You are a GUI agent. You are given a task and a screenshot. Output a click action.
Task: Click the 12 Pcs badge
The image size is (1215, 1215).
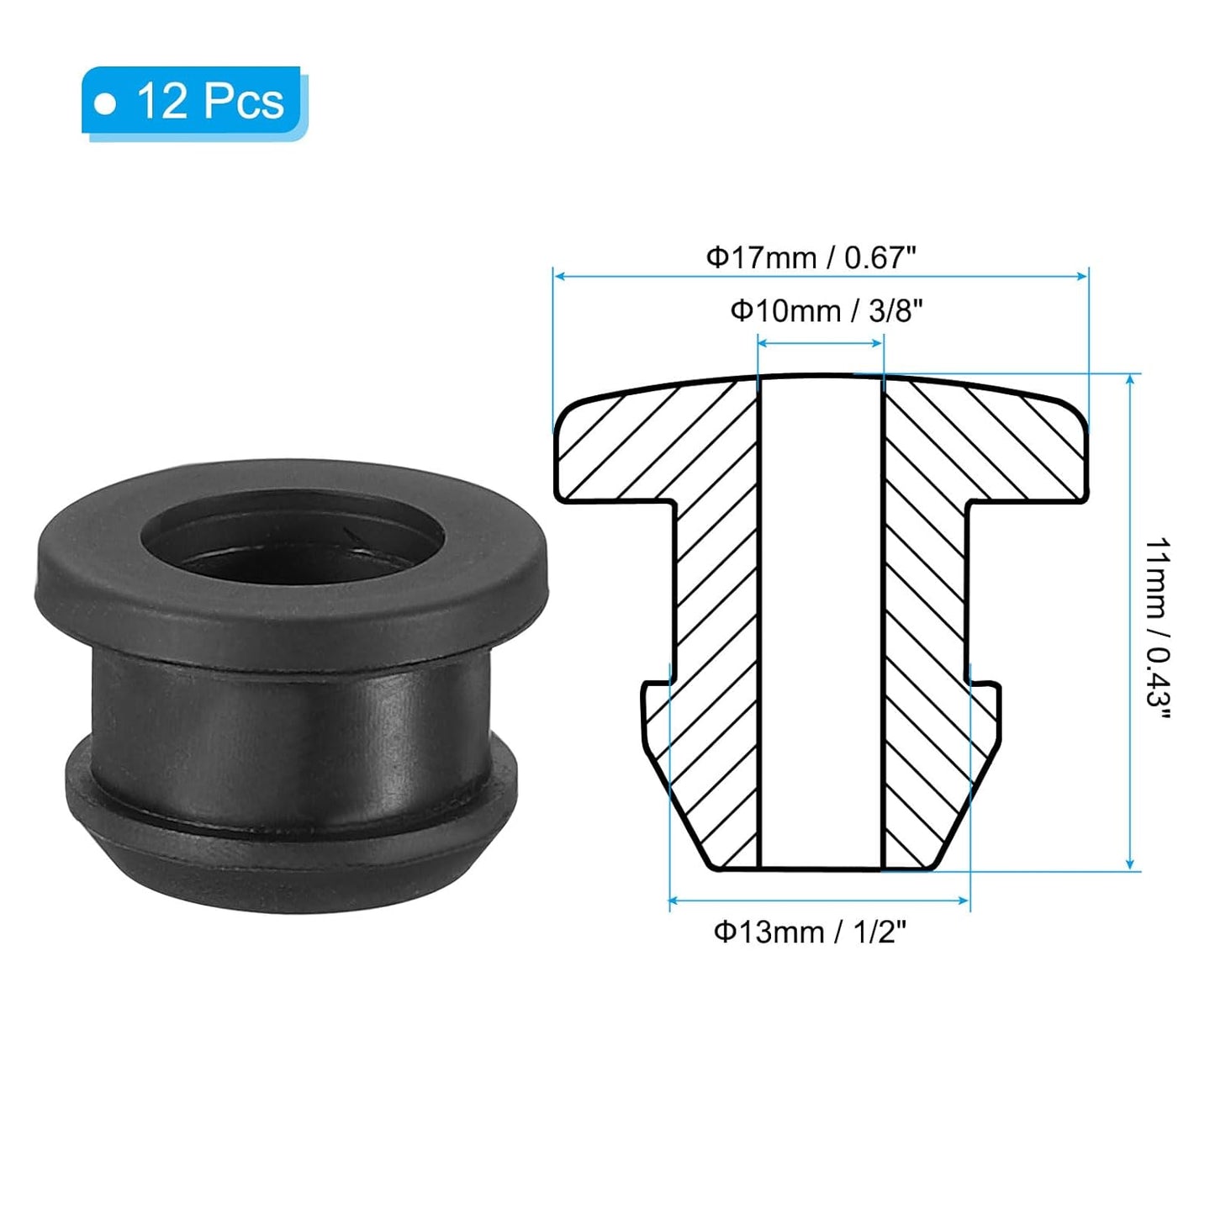point(193,102)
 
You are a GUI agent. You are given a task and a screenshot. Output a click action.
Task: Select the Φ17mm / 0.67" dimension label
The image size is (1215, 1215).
point(810,257)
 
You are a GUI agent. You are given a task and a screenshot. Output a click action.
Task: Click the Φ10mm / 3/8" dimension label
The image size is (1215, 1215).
point(827,311)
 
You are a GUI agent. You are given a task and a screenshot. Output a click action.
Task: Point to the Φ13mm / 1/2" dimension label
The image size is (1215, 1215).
point(810,932)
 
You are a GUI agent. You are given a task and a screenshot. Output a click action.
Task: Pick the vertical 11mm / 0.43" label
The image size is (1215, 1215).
point(1158,627)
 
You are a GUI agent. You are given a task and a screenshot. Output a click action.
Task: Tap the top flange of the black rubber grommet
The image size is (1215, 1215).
point(291,589)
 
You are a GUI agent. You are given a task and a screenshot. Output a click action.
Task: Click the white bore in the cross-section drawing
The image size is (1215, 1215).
point(821,622)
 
